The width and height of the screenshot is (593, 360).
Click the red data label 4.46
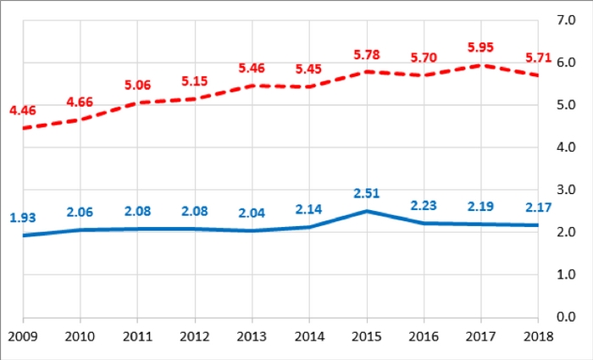point(23,110)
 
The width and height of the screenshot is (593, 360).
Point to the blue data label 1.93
point(23,218)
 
